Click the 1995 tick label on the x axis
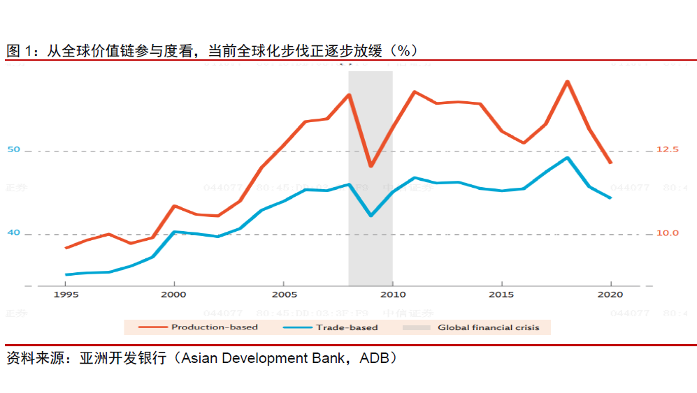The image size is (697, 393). (x=66, y=295)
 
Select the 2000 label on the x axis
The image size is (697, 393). (x=174, y=295)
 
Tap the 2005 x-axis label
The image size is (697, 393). (x=283, y=295)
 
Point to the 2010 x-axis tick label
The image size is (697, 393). (x=392, y=295)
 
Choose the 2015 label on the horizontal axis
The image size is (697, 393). (x=501, y=295)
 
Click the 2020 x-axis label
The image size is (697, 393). (x=611, y=295)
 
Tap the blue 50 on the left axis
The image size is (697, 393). (x=14, y=149)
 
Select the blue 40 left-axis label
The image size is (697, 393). (x=14, y=232)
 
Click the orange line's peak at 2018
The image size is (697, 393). (x=567, y=82)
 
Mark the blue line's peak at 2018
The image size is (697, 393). (x=568, y=158)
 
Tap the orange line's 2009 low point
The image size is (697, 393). (x=371, y=166)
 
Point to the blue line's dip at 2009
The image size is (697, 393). (x=371, y=216)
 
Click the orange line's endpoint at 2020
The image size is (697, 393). (x=611, y=163)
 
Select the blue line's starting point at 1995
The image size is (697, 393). (x=66, y=274)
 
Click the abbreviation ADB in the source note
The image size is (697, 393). (x=378, y=358)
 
